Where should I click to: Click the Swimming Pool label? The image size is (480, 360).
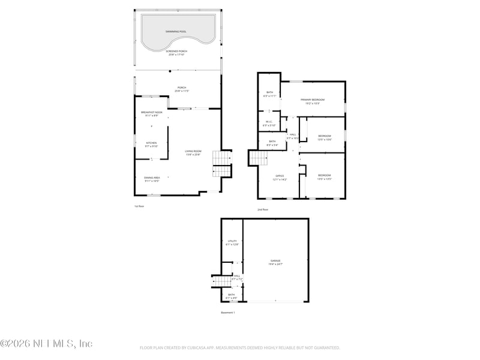pyautogui.click(x=176, y=31)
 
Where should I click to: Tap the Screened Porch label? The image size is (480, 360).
pyautogui.click(x=176, y=51)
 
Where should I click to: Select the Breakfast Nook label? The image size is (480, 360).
pyautogui.click(x=151, y=112)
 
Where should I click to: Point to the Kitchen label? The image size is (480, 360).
pyautogui.click(x=151, y=143)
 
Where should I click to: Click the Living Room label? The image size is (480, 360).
pyautogui.click(x=193, y=151)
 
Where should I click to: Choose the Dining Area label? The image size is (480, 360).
pyautogui.click(x=151, y=178)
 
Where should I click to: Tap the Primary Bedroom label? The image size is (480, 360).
pyautogui.click(x=313, y=100)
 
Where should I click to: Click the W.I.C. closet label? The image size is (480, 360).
pyautogui.click(x=269, y=122)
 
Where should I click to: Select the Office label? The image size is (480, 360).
pyautogui.click(x=280, y=176)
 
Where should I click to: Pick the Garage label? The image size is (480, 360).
pyautogui.click(x=275, y=261)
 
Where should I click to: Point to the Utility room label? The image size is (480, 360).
pyautogui.click(x=232, y=241)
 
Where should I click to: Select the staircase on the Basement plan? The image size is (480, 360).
pyautogui.click(x=216, y=281)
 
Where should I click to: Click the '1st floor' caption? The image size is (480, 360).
pyautogui.click(x=139, y=206)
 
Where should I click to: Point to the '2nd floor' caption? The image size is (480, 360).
pyautogui.click(x=263, y=209)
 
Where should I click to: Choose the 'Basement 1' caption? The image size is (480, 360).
pyautogui.click(x=228, y=313)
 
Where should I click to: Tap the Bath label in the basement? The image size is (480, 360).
pyautogui.click(x=231, y=295)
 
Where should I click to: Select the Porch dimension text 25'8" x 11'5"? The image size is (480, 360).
pyautogui.click(x=181, y=91)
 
